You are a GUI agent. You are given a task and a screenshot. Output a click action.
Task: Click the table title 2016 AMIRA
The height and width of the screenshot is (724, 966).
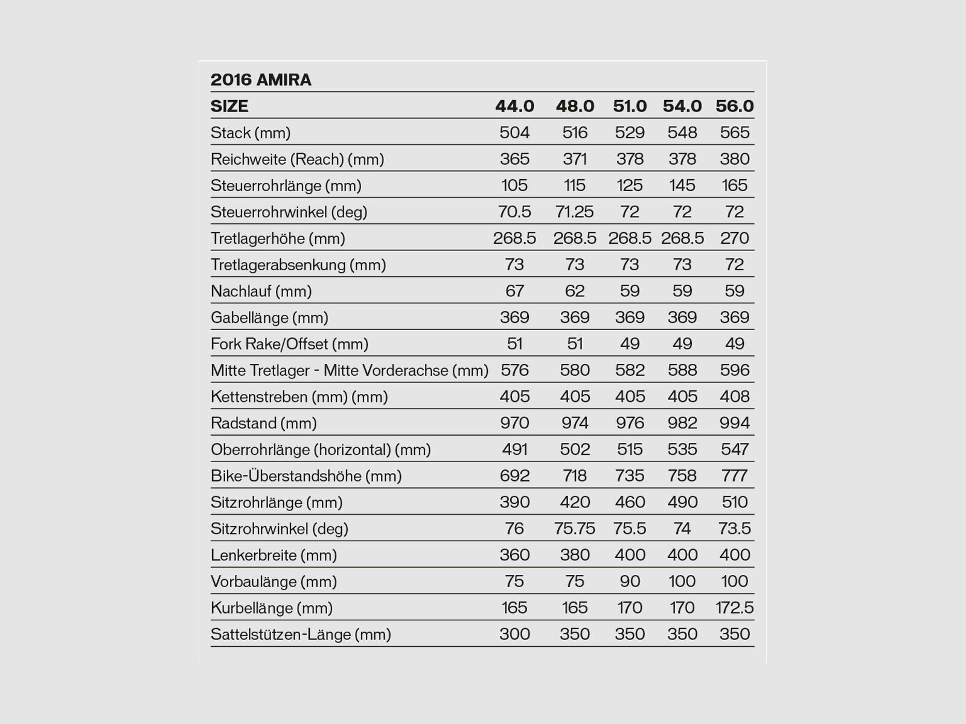261,80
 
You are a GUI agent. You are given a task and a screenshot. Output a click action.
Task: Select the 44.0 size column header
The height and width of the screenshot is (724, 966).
514,106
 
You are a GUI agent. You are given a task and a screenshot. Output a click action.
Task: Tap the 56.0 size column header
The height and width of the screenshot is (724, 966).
734,106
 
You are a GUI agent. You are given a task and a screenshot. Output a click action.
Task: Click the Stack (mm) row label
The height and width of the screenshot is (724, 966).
251,133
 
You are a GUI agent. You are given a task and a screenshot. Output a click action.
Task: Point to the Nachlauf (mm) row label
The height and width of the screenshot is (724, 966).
261,291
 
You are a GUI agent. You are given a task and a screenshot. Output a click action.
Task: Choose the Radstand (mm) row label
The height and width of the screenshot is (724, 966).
263,423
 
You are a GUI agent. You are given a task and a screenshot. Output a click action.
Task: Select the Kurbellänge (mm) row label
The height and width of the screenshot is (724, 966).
272,608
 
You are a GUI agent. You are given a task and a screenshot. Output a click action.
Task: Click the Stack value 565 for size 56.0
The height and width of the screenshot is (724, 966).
734,133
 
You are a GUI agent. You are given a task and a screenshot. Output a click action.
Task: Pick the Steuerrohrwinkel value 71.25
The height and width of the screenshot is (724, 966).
574,212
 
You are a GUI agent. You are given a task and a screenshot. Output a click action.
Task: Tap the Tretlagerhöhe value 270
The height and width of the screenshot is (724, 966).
734,238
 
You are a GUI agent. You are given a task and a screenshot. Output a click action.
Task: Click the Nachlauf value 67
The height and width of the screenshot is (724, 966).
514,291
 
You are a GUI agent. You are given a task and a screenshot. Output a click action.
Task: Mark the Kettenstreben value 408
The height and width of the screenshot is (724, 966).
734,397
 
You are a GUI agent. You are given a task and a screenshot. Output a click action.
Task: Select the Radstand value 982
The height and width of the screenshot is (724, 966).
682,423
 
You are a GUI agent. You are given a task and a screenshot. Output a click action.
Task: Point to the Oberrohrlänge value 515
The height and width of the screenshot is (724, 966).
630,449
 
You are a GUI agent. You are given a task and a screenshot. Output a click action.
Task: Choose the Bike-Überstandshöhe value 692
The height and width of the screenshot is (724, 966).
514,476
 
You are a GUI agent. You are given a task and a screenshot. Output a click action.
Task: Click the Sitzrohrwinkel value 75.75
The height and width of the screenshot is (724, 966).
574,529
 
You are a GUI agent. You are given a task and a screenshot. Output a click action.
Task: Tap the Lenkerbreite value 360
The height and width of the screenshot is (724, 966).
514,555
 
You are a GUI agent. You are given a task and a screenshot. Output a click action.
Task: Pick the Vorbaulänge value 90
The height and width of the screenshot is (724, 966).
630,582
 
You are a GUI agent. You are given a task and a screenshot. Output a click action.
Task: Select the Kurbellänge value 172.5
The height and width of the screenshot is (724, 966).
734,608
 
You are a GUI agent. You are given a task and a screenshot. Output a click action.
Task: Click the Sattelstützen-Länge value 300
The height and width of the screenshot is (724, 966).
514,634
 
